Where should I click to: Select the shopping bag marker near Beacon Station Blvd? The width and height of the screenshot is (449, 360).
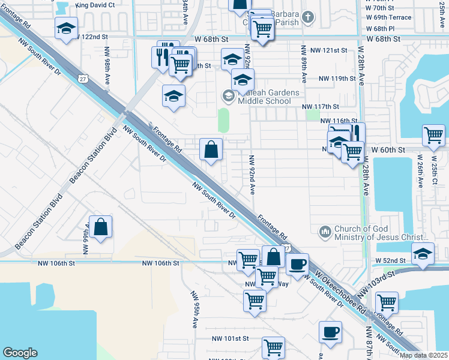tap(101, 227)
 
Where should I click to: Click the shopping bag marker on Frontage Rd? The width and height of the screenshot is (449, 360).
tap(211, 150)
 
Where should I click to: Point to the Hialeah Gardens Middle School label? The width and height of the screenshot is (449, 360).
tap(264, 97)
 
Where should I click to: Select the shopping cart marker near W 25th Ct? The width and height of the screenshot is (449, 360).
tap(433, 136)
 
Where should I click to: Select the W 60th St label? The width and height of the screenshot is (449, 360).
tap(390, 149)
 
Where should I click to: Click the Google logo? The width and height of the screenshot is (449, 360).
tap(20, 353)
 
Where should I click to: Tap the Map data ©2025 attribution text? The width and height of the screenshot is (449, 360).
tap(423, 355)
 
